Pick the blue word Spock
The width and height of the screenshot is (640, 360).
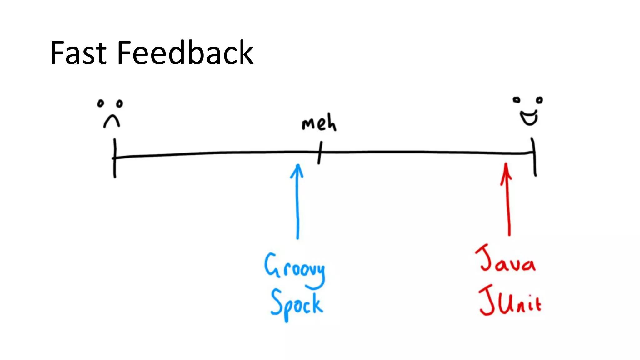pos(296,304)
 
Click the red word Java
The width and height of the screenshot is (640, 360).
pos(505,260)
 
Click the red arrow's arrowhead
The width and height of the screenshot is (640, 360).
pos(506,170)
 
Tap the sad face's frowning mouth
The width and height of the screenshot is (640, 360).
pos(112,121)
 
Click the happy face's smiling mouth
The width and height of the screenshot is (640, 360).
pos(529,118)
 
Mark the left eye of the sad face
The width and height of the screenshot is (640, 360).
pos(100,103)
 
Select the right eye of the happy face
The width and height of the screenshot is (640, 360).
pos(539,100)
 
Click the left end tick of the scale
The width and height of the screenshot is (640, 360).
pos(115,158)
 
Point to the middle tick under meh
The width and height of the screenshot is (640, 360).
pos(320,152)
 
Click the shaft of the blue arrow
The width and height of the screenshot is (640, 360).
pos(297,206)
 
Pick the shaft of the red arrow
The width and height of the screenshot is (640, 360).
pos(508,206)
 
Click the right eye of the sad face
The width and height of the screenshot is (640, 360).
pos(119,103)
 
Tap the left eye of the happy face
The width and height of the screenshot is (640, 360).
pos(516,100)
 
